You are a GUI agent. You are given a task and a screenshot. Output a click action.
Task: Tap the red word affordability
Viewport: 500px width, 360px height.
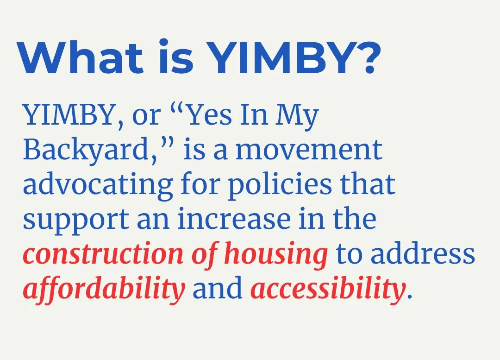tap(104, 289)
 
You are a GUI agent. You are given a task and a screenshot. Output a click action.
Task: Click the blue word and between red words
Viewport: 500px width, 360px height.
tap(218, 288)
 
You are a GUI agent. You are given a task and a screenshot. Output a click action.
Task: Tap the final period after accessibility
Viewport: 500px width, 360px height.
tap(408, 296)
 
